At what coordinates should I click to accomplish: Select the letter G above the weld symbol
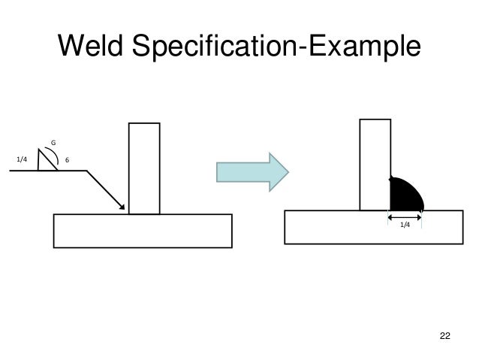point(53,141)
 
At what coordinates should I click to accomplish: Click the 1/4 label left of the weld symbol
point(21,159)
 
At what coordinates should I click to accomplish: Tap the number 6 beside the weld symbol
point(68,159)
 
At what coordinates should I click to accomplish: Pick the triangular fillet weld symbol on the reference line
point(47,163)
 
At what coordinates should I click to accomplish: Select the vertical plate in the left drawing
point(143,168)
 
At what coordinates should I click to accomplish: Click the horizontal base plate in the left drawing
point(142,230)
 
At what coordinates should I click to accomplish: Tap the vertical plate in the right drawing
point(375,164)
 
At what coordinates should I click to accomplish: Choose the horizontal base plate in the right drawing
point(374,227)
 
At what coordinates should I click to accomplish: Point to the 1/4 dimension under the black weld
point(405,225)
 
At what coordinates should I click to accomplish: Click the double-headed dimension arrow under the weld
point(405,216)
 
